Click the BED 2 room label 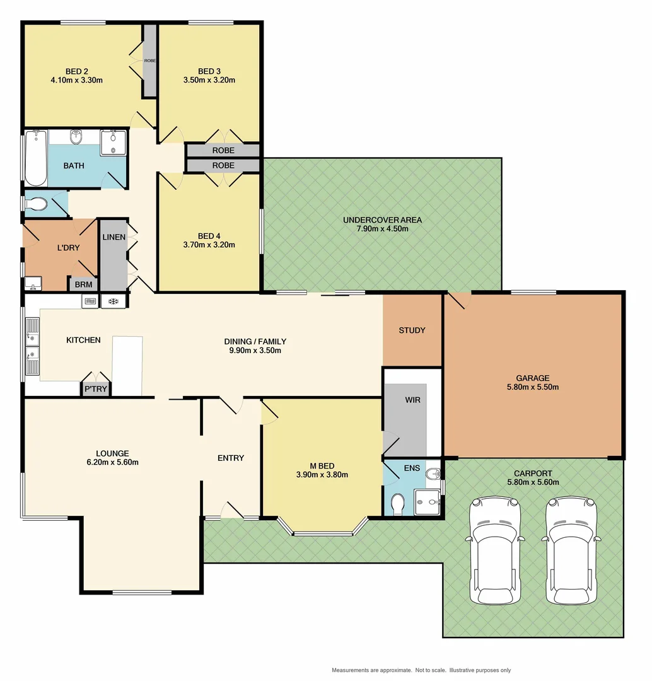coord(76,71)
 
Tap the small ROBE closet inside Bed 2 coord(149,61)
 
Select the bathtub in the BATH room coord(35,158)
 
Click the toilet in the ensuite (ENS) coord(398,504)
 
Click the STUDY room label coord(412,330)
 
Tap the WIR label coord(412,400)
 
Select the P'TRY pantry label coord(96,390)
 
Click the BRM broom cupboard coord(83,285)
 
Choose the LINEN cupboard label coord(114,237)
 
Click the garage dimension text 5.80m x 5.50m coord(533,387)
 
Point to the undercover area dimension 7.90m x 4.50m coord(382,229)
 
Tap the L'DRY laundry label coord(68,248)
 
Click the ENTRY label coord(230,458)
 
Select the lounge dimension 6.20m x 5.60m coord(112,462)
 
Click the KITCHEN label coord(83,340)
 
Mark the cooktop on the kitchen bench coord(114,301)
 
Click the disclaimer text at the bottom coord(421,670)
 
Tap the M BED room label coord(322,467)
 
